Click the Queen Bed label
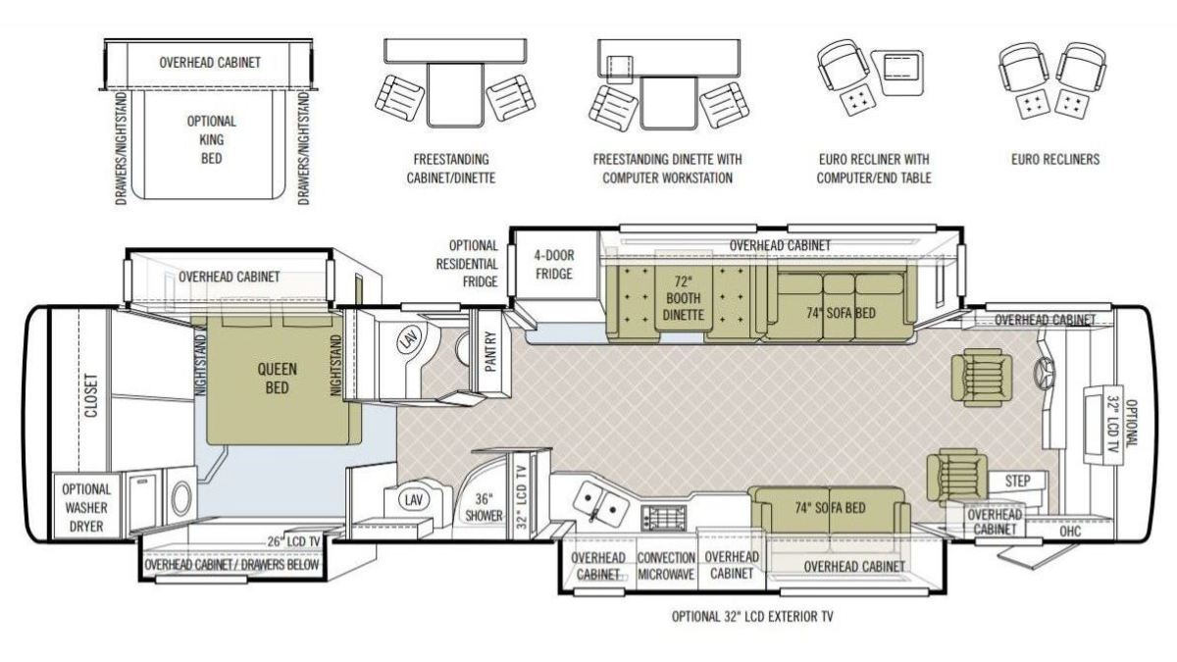pos(277,379)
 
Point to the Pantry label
pos(490,351)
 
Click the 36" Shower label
pos(484,507)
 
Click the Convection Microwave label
pos(666,566)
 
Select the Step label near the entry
pos(1017,481)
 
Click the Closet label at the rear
pos(91,395)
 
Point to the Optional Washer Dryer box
pos(86,505)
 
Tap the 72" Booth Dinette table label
pos(683,298)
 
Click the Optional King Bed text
pos(212,139)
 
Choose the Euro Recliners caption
pos(1055,159)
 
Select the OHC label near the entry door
pos(1070,532)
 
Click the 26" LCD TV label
pos(293,541)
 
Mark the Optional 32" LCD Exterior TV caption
pos(752,616)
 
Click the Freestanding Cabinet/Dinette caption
pos(451,169)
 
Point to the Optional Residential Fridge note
pos(467,264)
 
